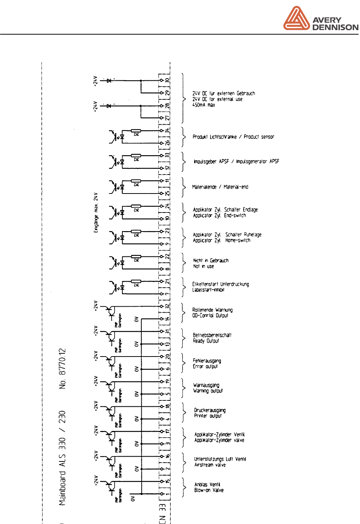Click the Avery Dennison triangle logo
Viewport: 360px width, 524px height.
[x=296, y=19]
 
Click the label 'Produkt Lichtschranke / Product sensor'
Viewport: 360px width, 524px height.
[x=233, y=137]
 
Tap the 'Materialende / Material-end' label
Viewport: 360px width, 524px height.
[x=220, y=187]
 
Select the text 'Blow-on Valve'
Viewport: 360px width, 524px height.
[x=209, y=490]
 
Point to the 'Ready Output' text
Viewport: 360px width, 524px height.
[x=206, y=341]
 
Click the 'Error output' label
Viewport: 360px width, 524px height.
[x=205, y=367]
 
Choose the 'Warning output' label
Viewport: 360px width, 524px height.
[x=208, y=391]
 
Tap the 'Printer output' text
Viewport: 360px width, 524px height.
[x=208, y=416]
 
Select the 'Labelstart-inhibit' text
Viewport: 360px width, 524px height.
[x=208, y=290]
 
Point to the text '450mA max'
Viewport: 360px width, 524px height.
[x=203, y=105]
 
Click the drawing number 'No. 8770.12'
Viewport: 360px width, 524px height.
[x=62, y=368]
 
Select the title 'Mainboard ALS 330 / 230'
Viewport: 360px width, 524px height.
[x=62, y=458]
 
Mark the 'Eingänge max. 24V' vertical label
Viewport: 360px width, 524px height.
[x=96, y=213]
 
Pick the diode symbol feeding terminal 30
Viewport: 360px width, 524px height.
[x=109, y=80]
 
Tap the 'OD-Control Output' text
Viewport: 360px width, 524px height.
[x=210, y=316]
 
